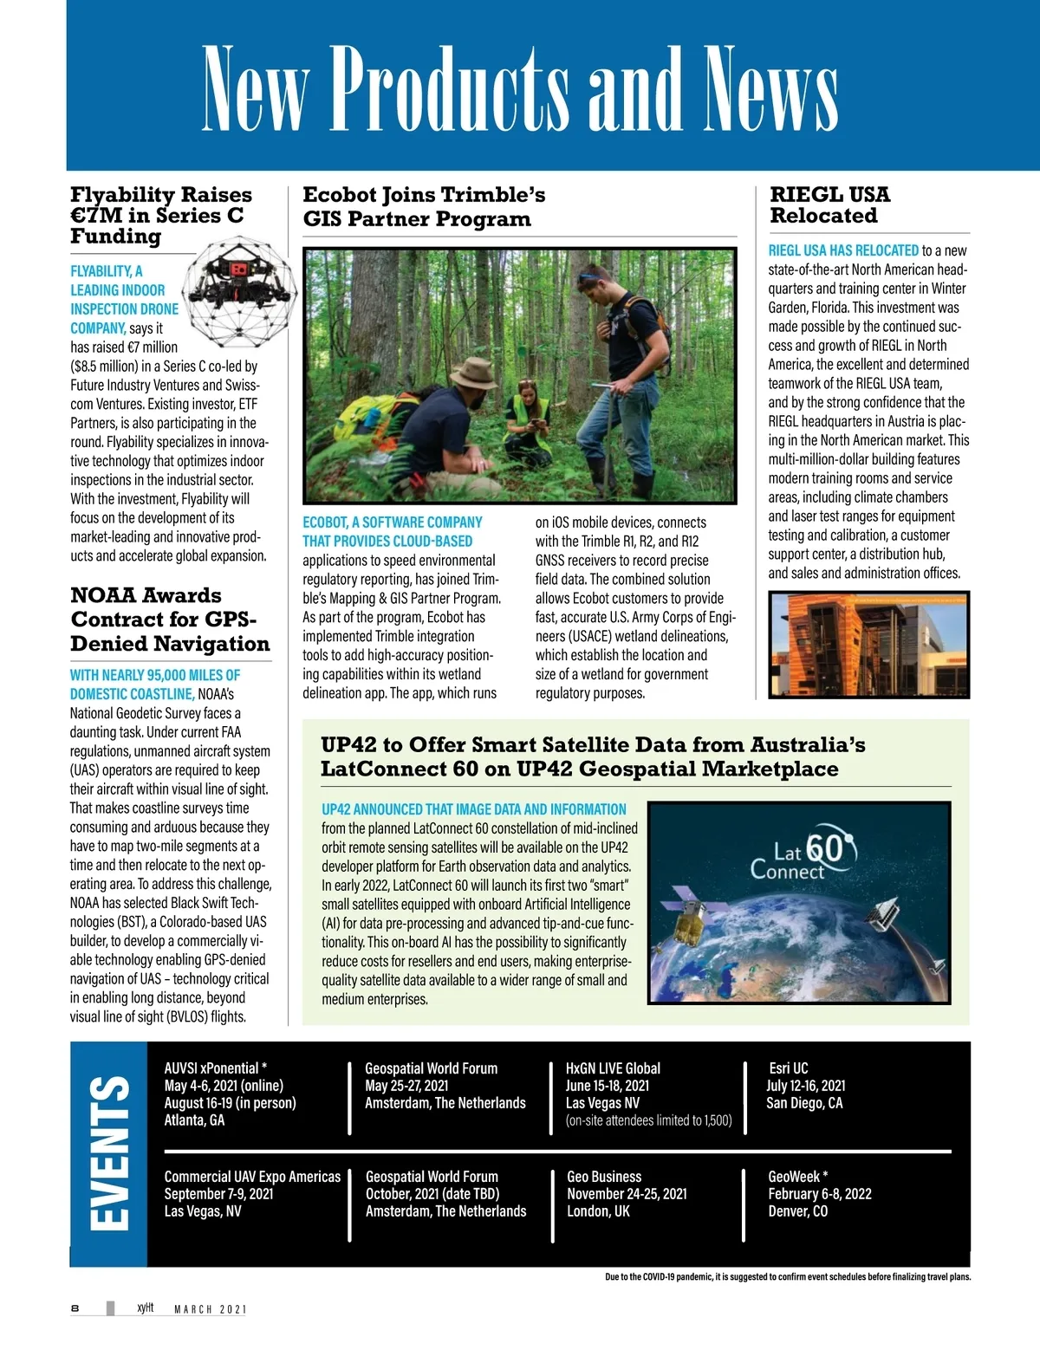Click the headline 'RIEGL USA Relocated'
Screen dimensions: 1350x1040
(x=829, y=205)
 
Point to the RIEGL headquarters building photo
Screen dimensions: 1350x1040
(x=868, y=645)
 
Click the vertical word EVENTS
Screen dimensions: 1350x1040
(x=109, y=1152)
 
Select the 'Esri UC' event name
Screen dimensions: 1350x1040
(x=788, y=1068)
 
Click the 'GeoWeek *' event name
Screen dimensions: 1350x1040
(x=797, y=1177)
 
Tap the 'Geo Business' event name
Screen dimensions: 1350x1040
(x=604, y=1177)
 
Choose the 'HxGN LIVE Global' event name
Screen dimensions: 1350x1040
(x=613, y=1068)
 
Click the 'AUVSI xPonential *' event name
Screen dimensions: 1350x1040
(x=215, y=1068)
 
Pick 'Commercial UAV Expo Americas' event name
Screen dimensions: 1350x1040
(x=252, y=1177)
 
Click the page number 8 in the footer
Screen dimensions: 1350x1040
(x=75, y=1308)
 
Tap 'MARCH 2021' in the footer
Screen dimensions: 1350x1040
(x=211, y=1309)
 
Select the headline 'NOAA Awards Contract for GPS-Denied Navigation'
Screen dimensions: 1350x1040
(x=170, y=620)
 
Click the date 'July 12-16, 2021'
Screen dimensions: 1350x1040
(x=805, y=1086)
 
